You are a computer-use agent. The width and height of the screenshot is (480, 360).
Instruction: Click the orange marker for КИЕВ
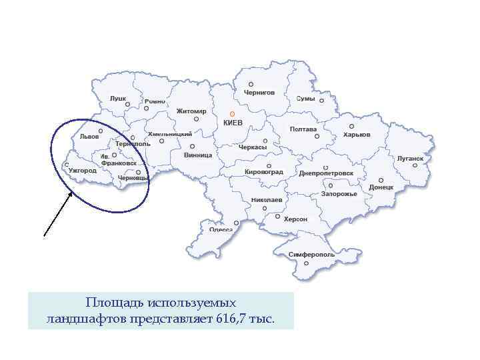(x=232, y=114)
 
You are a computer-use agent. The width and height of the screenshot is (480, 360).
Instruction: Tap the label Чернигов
(x=259, y=93)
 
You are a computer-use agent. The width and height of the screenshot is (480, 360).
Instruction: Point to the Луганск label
(x=410, y=159)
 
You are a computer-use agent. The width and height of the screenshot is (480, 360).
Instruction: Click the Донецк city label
(x=381, y=187)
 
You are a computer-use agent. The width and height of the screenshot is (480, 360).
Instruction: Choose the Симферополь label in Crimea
(x=312, y=255)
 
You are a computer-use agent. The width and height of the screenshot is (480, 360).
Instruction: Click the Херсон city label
(x=295, y=219)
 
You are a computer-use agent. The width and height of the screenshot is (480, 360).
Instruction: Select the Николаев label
(x=267, y=200)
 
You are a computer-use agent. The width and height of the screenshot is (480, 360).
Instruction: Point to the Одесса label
(x=221, y=229)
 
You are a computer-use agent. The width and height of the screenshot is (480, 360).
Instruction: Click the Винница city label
(x=198, y=155)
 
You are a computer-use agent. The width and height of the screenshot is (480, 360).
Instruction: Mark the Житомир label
(x=191, y=111)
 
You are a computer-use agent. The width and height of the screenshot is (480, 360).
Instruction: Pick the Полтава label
(x=303, y=129)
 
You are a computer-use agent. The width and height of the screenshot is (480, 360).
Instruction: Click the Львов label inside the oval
(x=89, y=136)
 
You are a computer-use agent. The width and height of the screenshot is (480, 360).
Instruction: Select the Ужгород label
(x=83, y=171)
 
